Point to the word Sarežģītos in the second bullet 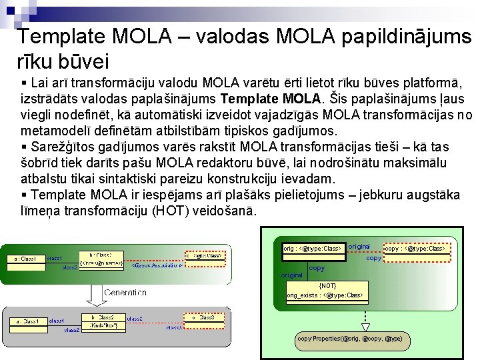coord(61,147)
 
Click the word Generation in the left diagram coord(125,292)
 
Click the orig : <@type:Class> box coord(312,249)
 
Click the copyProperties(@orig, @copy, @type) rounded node coord(350,339)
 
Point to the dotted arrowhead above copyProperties coord(365,327)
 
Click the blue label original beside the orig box coord(359,247)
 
